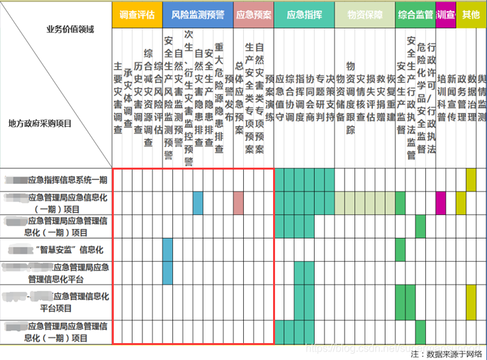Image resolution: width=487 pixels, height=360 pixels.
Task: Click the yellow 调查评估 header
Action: [137, 14]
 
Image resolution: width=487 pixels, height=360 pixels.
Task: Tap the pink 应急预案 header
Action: [253, 14]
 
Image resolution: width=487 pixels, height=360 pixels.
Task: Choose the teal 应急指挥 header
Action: [304, 14]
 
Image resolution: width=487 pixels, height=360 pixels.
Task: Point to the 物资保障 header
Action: [364, 14]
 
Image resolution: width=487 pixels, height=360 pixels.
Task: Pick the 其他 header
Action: [471, 14]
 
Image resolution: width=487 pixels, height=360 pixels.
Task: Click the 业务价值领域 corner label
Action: [72, 29]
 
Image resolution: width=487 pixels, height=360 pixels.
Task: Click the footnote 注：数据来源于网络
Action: [446, 354]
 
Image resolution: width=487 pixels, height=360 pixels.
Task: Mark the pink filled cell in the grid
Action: [239, 203]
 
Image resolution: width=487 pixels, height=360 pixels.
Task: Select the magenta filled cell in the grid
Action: [441, 203]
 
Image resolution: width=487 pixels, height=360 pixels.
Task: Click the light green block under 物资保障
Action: [364, 203]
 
